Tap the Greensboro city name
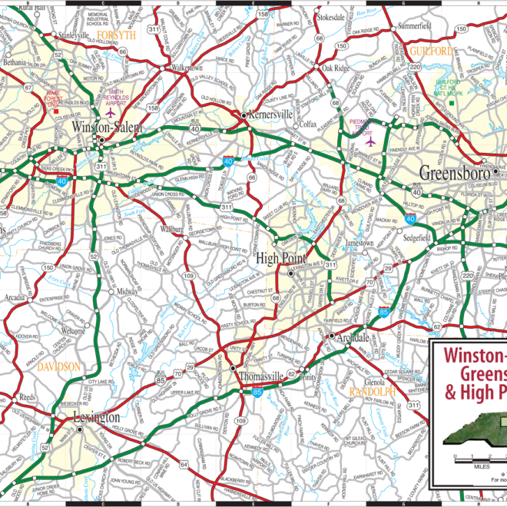tap(455, 172)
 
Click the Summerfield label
tap(415, 25)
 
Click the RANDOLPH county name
tap(372, 392)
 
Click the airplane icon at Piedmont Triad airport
tap(370, 141)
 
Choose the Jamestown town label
tap(357, 243)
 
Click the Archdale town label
tap(352, 336)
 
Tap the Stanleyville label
tap(74, 35)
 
